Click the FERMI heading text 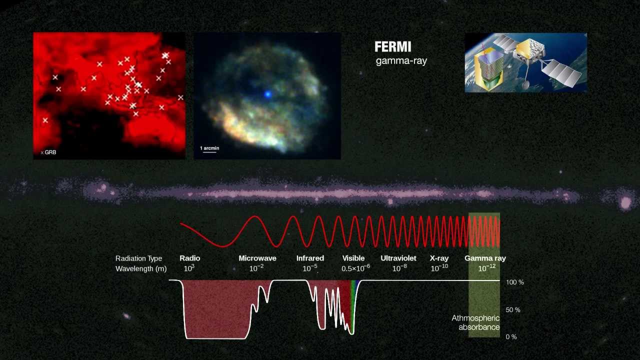pyautogui.click(x=392, y=47)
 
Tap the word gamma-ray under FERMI pyautogui.click(x=401, y=61)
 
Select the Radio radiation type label pyautogui.click(x=189, y=258)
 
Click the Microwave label pyautogui.click(x=257, y=258)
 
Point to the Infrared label pyautogui.click(x=310, y=258)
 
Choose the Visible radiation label pyautogui.click(x=353, y=258)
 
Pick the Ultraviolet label pyautogui.click(x=398, y=258)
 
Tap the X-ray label pyautogui.click(x=439, y=258)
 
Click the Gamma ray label pyautogui.click(x=485, y=258)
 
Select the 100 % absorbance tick pyautogui.click(x=514, y=282)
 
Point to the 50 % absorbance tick pyautogui.click(x=513, y=310)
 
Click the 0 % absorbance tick pyautogui.click(x=511, y=337)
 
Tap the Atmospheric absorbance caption pyautogui.click(x=475, y=322)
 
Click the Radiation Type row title pyautogui.click(x=138, y=258)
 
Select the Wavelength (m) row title pyautogui.click(x=140, y=268)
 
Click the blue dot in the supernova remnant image pyautogui.click(x=268, y=94)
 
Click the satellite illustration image pyautogui.click(x=525, y=62)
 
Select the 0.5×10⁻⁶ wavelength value pyautogui.click(x=355, y=268)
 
